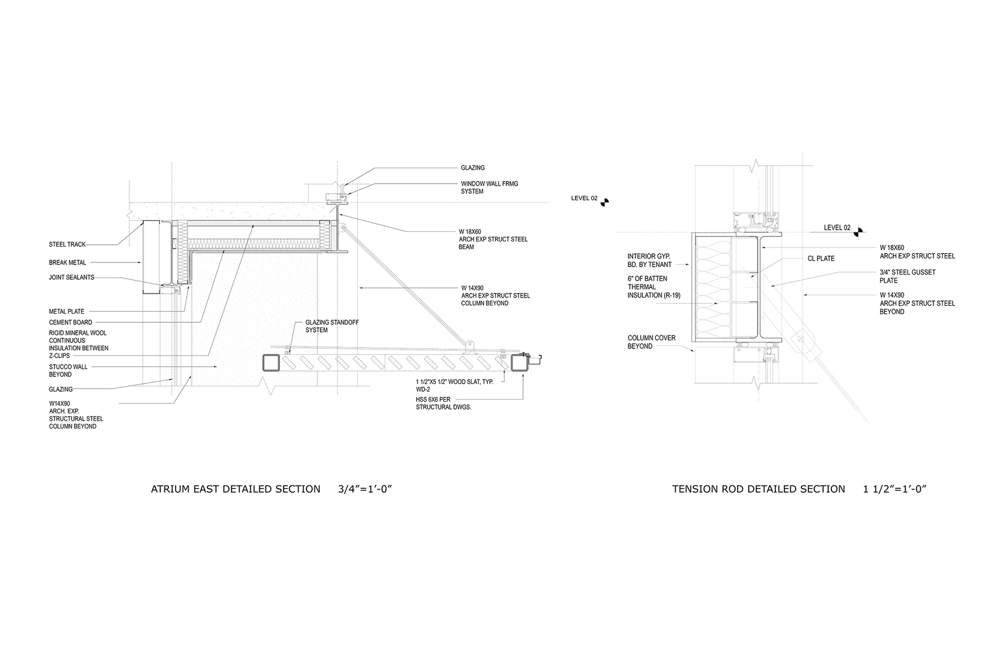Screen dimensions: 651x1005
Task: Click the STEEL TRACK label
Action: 67,245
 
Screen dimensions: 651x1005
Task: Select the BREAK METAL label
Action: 68,263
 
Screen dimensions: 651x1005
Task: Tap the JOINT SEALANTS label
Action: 71,277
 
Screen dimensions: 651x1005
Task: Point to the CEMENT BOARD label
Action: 70,322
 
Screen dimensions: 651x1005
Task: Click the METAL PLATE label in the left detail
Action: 66,312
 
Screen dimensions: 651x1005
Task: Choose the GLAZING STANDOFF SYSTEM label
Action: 332,326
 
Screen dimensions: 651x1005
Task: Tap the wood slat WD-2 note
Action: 454,385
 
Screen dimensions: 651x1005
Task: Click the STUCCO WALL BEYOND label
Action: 68,370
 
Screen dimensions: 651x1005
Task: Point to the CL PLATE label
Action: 821,258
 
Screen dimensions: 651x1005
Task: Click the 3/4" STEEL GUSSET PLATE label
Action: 907,276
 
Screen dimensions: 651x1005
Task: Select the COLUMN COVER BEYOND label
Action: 651,342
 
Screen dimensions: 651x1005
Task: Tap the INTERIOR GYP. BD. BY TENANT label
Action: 649,260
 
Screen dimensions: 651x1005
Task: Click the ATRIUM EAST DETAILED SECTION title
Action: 235,489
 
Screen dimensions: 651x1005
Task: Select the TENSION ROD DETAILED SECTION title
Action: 758,489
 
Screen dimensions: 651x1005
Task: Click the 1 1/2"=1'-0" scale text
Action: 894,489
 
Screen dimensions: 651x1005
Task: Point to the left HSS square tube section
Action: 272,363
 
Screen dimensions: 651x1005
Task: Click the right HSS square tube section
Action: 520,363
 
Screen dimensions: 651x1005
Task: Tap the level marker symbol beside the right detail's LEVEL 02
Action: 859,229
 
